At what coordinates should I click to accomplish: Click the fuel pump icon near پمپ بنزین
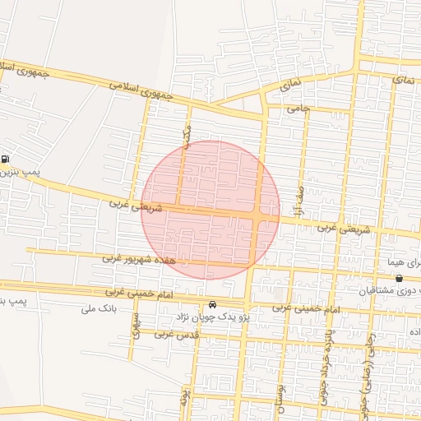click(6, 160)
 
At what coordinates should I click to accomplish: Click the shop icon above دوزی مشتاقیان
click(399, 279)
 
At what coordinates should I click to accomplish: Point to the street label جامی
click(296, 108)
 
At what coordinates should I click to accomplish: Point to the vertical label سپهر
click(136, 326)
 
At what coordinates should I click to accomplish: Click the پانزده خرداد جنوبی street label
click(326, 366)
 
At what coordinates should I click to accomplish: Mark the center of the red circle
click(211, 210)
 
